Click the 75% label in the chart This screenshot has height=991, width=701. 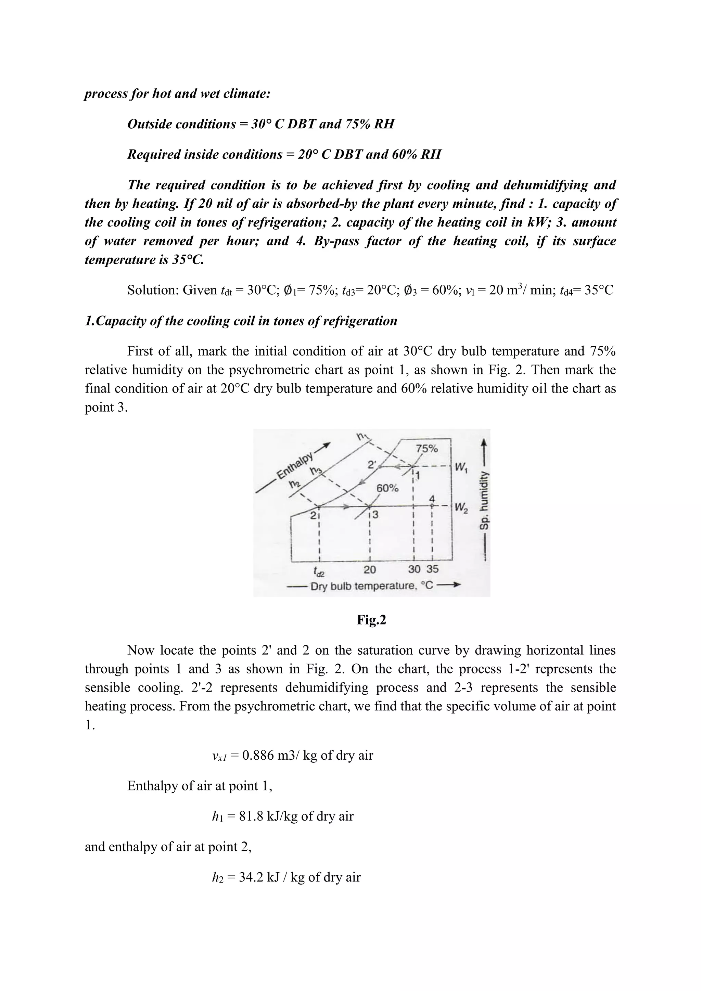pyautogui.click(x=426, y=449)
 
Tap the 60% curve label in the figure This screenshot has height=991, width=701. pyautogui.click(x=387, y=489)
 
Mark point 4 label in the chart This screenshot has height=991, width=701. pyautogui.click(x=432, y=499)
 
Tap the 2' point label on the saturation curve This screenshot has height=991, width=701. pyautogui.click(x=372, y=465)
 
